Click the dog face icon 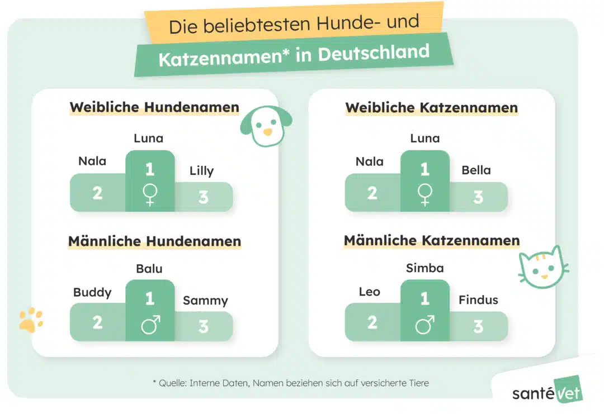click(265, 126)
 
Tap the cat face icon click(541, 268)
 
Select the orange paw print click(31, 319)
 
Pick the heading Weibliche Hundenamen click(154, 107)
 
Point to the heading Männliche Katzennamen click(431, 241)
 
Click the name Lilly click(201, 171)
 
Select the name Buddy click(92, 292)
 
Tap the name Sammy click(205, 301)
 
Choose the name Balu click(149, 269)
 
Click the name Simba click(424, 268)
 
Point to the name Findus click(478, 300)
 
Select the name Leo click(370, 292)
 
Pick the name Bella click(476, 170)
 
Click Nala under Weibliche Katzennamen click(370, 162)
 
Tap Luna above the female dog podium click(149, 138)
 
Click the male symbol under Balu click(150, 325)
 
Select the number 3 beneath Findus click(478, 326)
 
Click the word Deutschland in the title click(374, 54)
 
